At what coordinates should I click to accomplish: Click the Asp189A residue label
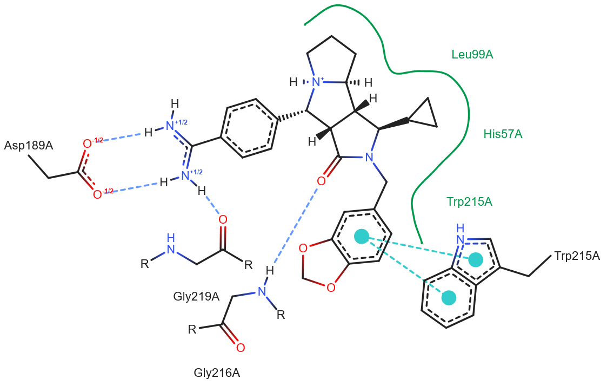pyautogui.click(x=29, y=146)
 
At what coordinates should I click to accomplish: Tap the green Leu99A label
pyautogui.click(x=472, y=54)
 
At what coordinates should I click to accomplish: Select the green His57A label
pyautogui.click(x=503, y=134)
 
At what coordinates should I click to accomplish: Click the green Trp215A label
pyautogui.click(x=469, y=202)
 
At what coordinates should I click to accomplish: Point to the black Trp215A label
pyautogui.click(x=577, y=256)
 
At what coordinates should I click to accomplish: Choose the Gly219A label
pyautogui.click(x=196, y=296)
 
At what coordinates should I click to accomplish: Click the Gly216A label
pyautogui.click(x=216, y=373)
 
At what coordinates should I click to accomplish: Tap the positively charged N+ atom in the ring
pyautogui.click(x=317, y=82)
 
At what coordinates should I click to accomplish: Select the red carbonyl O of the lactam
pyautogui.click(x=321, y=180)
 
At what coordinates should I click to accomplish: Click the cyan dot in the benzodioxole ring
pyautogui.click(x=361, y=236)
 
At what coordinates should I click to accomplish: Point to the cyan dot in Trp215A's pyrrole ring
pyautogui.click(x=475, y=259)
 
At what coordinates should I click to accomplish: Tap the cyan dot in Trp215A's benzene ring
pyautogui.click(x=449, y=297)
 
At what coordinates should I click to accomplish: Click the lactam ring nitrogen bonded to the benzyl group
pyautogui.click(x=369, y=158)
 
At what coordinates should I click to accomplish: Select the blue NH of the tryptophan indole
pyautogui.click(x=461, y=238)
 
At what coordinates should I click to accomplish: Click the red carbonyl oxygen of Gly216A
pyautogui.click(x=241, y=347)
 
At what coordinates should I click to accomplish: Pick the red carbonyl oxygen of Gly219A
pyautogui.click(x=223, y=220)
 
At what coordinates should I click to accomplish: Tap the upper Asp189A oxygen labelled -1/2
pyautogui.click(x=86, y=143)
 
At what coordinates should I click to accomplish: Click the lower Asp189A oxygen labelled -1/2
pyautogui.click(x=98, y=194)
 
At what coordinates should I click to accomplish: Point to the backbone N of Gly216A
pyautogui.click(x=262, y=292)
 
